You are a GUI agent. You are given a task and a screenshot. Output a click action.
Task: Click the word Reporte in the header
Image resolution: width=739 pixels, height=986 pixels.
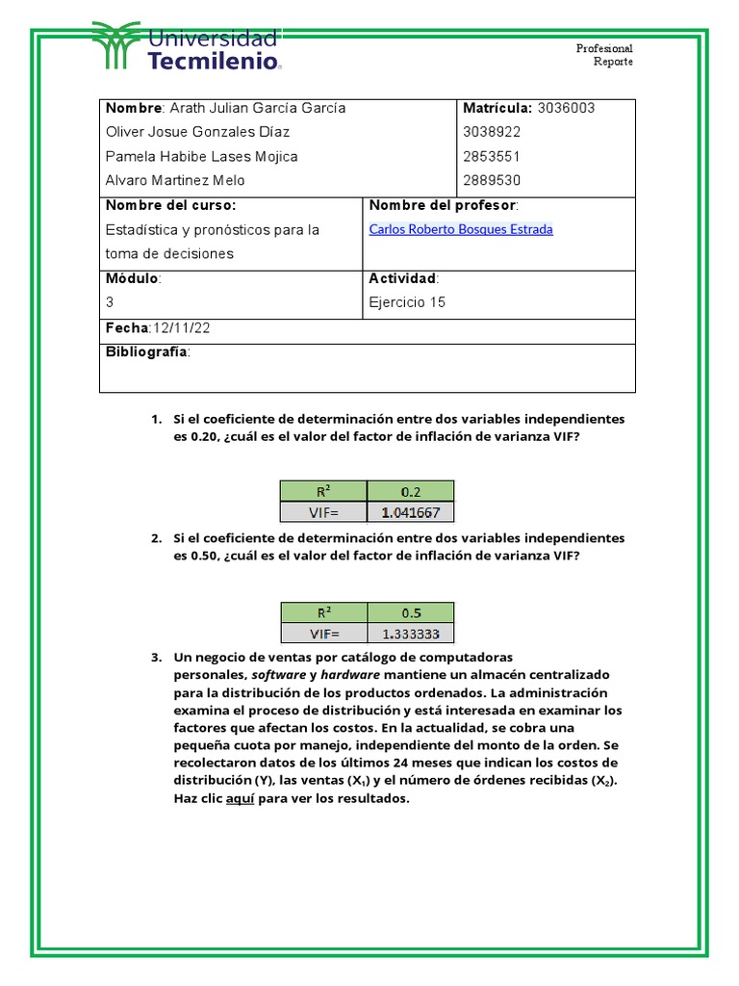click(x=613, y=62)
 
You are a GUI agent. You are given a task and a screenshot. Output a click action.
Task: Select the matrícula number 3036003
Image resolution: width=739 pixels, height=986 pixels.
click(x=566, y=108)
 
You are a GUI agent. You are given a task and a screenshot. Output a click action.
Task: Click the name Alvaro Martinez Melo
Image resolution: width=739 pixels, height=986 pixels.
click(x=175, y=180)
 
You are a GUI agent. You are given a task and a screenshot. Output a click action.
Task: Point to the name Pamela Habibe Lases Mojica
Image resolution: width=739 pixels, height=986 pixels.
click(x=201, y=156)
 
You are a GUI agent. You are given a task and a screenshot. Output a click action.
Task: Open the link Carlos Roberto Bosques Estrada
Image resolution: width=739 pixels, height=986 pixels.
click(x=461, y=229)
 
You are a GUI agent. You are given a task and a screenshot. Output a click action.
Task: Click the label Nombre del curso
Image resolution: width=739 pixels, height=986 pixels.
click(x=170, y=205)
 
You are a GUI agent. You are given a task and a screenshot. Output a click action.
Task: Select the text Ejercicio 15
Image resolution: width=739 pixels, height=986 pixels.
click(x=407, y=301)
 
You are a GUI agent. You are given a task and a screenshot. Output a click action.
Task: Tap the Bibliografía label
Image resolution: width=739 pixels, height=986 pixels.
click(x=147, y=352)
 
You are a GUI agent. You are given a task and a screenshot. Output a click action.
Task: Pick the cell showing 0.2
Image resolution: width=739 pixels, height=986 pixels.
click(x=411, y=490)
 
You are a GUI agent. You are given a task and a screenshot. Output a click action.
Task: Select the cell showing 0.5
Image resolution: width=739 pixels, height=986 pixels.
click(x=411, y=612)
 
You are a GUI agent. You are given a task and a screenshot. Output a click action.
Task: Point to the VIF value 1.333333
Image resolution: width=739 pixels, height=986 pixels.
click(x=411, y=634)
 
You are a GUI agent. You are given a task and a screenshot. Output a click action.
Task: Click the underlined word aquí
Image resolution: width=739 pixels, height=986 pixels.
click(x=240, y=798)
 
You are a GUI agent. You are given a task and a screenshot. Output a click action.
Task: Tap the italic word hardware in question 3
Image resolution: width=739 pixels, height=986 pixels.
click(x=350, y=675)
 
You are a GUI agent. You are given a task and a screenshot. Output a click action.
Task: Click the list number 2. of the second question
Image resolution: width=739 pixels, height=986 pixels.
click(x=156, y=538)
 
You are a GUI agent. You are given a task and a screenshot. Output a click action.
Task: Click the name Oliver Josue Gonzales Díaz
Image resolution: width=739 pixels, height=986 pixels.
click(x=197, y=132)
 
